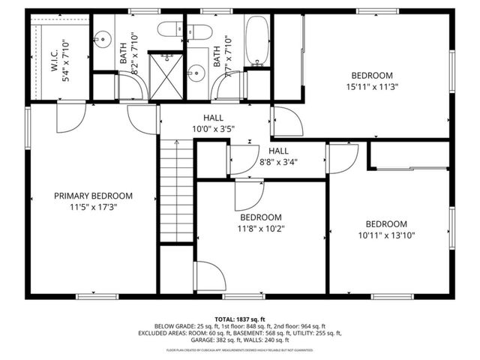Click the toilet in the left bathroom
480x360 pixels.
170,29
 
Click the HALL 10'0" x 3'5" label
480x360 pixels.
212,123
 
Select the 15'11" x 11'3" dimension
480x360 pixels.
373,86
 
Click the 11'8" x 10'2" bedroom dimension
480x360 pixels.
260,228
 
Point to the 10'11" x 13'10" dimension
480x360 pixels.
386,235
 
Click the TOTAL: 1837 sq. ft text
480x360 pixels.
240,319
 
